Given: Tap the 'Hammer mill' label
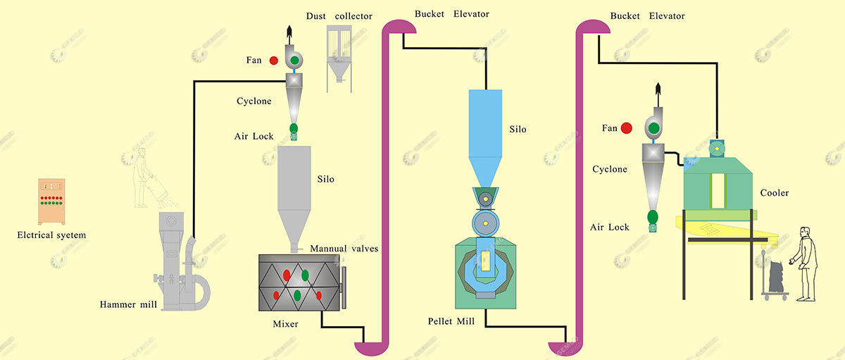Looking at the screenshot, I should click(x=127, y=304).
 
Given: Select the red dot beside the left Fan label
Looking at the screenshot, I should click(x=274, y=61).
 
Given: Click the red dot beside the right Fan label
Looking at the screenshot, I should click(x=626, y=128).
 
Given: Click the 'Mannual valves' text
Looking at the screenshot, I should click(x=344, y=249).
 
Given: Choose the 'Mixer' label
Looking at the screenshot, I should click(x=285, y=324).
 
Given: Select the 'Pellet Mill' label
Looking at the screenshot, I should click(x=451, y=321).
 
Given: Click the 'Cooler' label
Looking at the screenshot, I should click(x=775, y=193).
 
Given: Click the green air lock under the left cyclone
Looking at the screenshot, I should click(x=294, y=129).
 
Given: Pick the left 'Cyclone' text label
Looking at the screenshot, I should click(x=254, y=101).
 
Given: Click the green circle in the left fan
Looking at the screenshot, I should click(x=294, y=58).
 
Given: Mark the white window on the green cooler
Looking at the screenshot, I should click(x=718, y=190).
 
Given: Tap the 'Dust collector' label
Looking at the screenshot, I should click(x=339, y=16).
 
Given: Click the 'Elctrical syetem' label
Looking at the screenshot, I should click(x=51, y=235).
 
